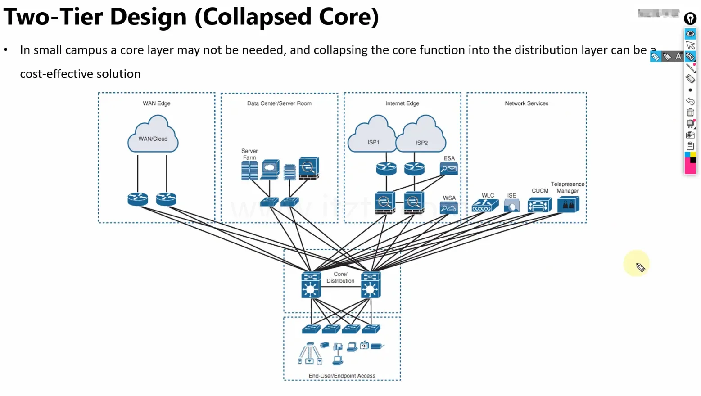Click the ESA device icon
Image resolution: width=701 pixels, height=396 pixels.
click(449, 169)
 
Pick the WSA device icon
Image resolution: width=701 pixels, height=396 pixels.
click(449, 208)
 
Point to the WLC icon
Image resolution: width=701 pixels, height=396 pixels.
click(485, 206)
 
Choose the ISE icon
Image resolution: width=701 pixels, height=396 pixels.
click(512, 206)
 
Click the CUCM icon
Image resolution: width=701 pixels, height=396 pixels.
click(539, 206)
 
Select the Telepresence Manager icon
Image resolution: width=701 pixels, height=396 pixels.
click(568, 205)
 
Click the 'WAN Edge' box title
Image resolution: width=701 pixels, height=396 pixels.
click(157, 103)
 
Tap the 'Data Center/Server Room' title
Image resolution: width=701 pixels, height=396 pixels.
click(279, 103)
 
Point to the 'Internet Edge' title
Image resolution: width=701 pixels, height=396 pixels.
click(403, 103)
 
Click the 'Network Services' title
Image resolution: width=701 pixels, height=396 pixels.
click(526, 103)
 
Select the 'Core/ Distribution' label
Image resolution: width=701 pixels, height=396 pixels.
click(340, 277)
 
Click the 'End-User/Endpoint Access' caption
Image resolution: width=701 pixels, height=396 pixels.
click(342, 376)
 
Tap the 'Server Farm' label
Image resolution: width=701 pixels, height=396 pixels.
click(249, 154)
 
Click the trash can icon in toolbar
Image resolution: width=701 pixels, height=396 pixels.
click(690, 112)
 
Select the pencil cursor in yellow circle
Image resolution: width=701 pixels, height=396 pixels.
click(640, 268)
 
